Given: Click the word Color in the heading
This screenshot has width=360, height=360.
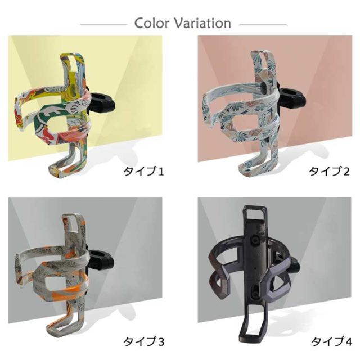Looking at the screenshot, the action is coord(152,23).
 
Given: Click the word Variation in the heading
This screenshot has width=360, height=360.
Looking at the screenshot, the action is coord(202,23).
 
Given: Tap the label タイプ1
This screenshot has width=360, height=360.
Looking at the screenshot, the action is coord(144,171).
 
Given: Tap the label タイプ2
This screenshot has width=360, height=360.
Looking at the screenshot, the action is coord(329,171).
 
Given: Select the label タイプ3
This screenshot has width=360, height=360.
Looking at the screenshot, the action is coord(144,341).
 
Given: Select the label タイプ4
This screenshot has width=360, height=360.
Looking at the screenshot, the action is coord(331,341).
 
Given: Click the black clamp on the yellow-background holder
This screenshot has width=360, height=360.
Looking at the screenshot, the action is coord(102,103).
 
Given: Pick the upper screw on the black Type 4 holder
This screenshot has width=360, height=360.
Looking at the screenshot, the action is coord(255,241).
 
